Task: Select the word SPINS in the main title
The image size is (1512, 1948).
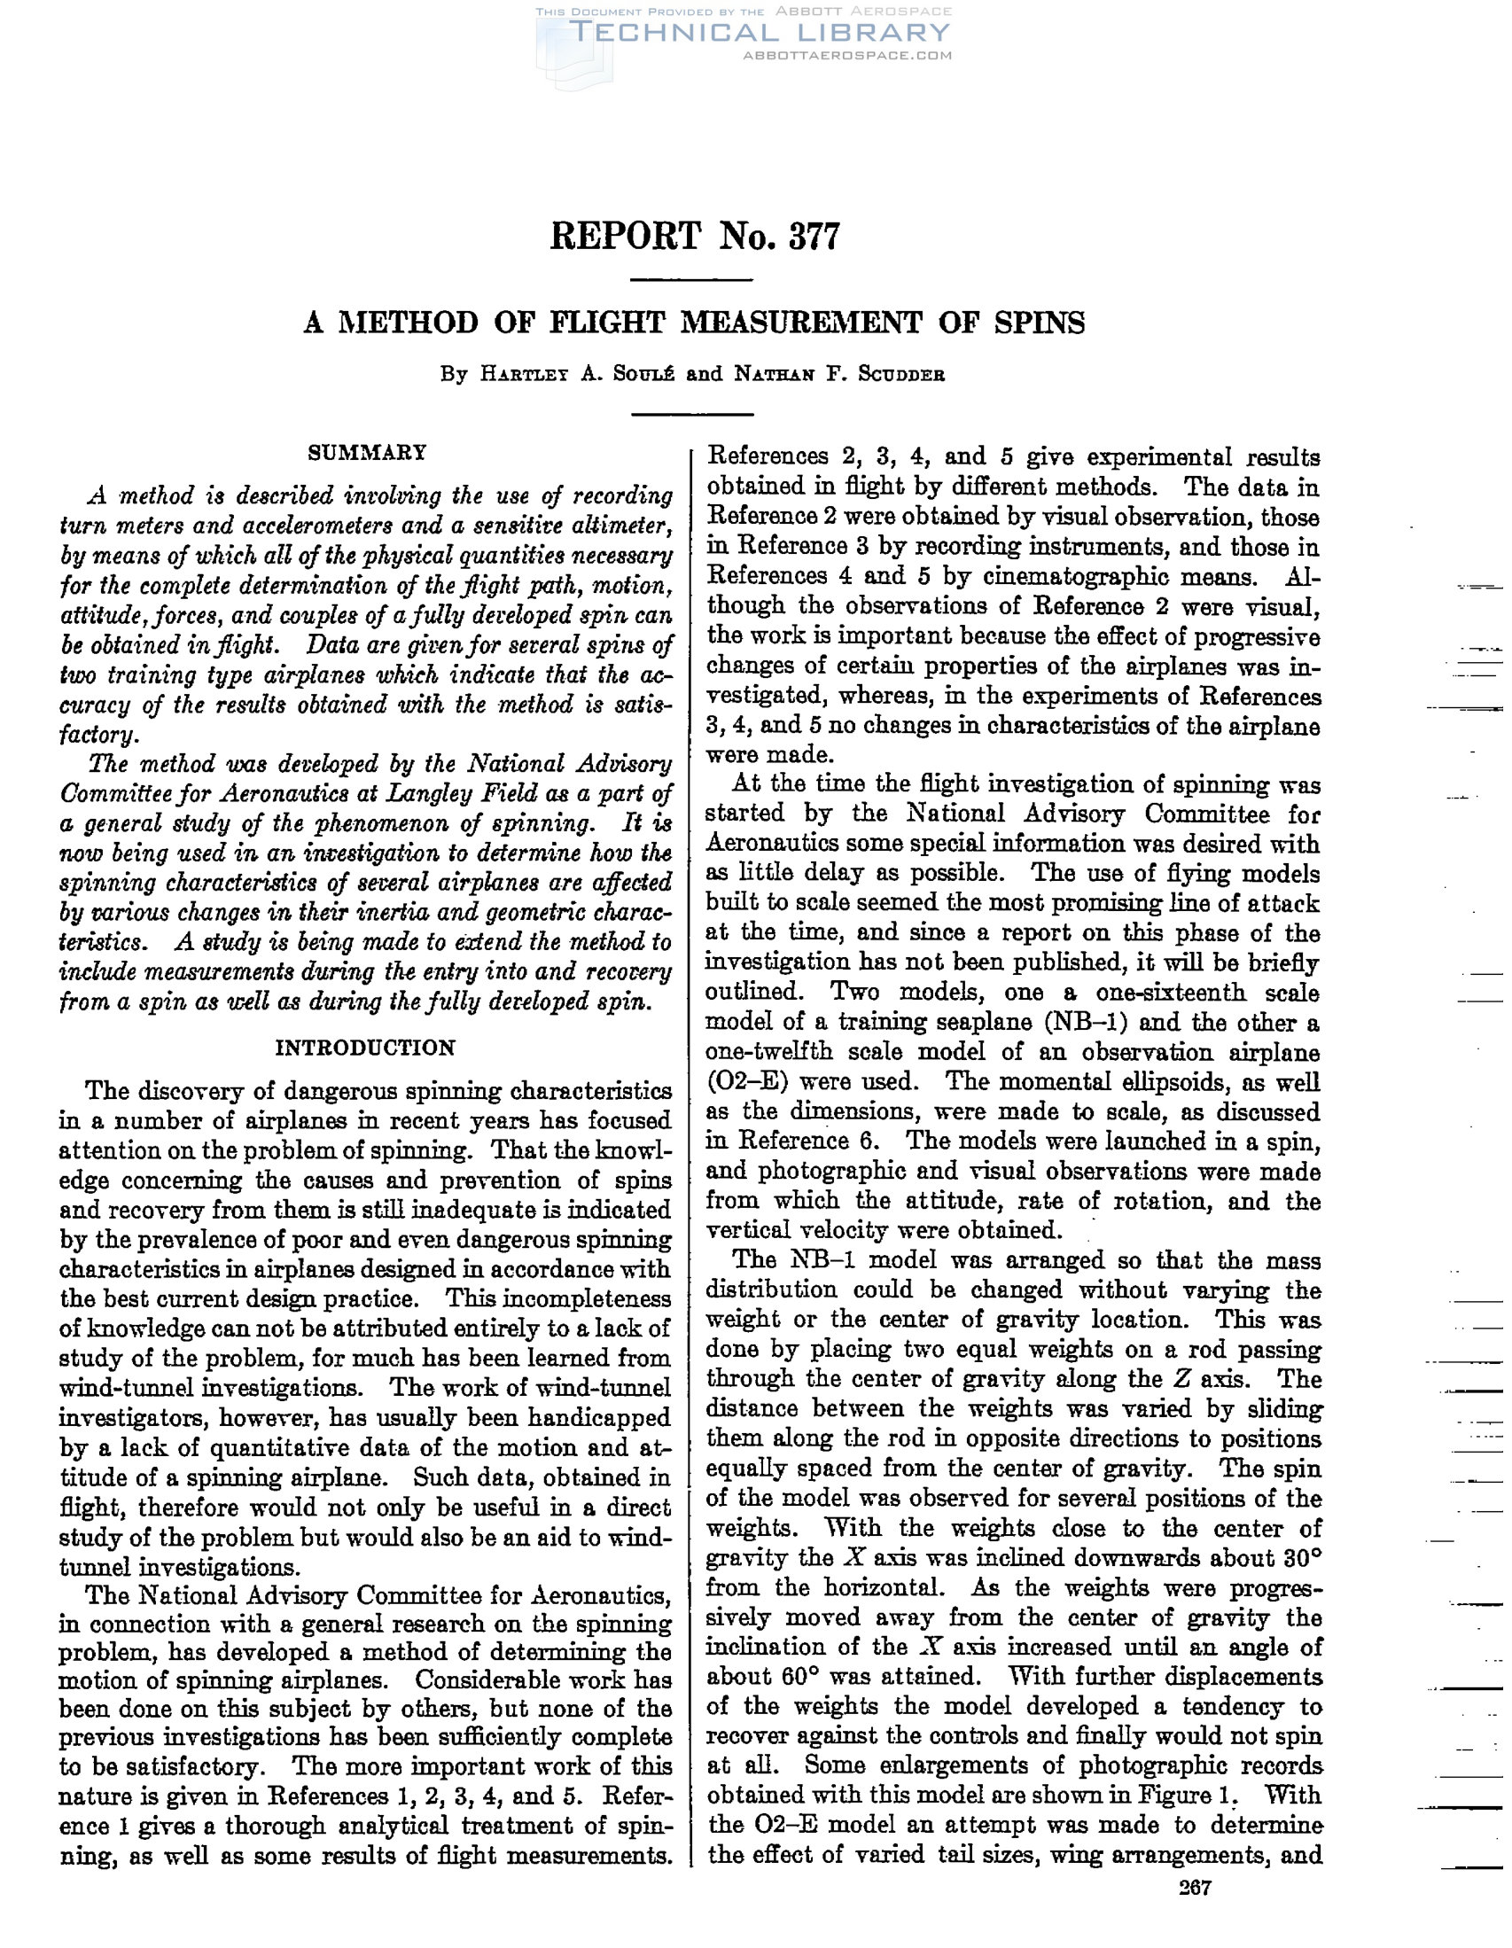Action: pos(1040,322)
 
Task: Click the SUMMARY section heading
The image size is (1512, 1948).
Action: pos(367,452)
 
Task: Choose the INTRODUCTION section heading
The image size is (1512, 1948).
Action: pos(366,1048)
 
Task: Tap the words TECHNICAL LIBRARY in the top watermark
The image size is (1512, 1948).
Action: pos(759,33)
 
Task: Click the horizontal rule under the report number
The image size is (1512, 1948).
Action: pos(692,281)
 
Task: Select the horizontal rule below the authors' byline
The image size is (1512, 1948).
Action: pos(692,413)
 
